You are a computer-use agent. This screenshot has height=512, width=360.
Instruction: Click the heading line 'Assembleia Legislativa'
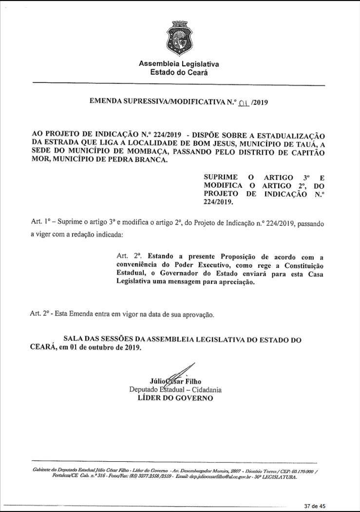[x=179, y=64]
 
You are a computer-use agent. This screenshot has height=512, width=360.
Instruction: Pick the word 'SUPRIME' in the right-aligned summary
[x=221, y=176]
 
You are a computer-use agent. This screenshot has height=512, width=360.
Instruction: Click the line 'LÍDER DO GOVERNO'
[x=176, y=398]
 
